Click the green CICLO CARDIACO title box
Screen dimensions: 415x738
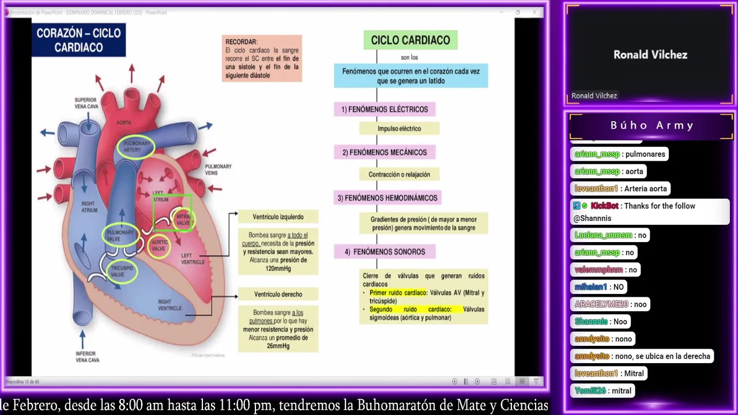point(410,40)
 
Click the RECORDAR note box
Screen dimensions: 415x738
point(262,58)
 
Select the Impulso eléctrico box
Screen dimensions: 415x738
point(399,129)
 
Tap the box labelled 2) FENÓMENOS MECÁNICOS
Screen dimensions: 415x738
point(385,152)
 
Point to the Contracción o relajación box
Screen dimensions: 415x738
point(399,174)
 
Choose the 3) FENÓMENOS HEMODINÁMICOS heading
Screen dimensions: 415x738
point(387,198)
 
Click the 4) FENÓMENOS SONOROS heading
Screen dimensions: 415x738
point(385,251)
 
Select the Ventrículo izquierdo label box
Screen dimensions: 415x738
point(278,217)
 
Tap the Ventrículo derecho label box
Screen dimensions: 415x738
point(278,294)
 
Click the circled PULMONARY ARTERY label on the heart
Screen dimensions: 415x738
point(136,146)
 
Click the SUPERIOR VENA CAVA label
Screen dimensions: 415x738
point(85,103)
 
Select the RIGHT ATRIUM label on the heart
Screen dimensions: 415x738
point(88,207)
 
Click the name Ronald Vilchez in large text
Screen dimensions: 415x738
point(650,55)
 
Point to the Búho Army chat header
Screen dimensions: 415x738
point(652,125)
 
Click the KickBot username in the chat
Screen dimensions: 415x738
point(604,206)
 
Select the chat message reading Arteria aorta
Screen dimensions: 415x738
point(645,188)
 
